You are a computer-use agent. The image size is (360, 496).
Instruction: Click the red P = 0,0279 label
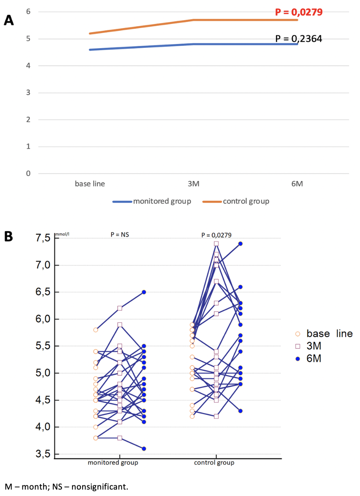coord(298,12)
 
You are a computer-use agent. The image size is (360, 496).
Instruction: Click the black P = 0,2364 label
coord(298,39)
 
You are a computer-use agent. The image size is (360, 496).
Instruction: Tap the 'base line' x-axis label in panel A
coord(90,184)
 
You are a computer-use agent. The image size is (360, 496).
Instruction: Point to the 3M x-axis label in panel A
coord(194,184)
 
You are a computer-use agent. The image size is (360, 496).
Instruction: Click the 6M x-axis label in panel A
coord(297,184)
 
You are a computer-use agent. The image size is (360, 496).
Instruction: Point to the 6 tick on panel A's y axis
coord(28,11)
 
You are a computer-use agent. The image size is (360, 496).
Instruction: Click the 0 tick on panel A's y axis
coord(28,174)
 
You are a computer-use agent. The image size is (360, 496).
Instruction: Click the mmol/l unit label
coord(62,235)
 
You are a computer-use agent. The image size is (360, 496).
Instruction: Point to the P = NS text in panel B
coord(120,235)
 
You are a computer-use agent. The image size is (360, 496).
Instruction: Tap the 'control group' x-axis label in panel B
coord(214,462)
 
